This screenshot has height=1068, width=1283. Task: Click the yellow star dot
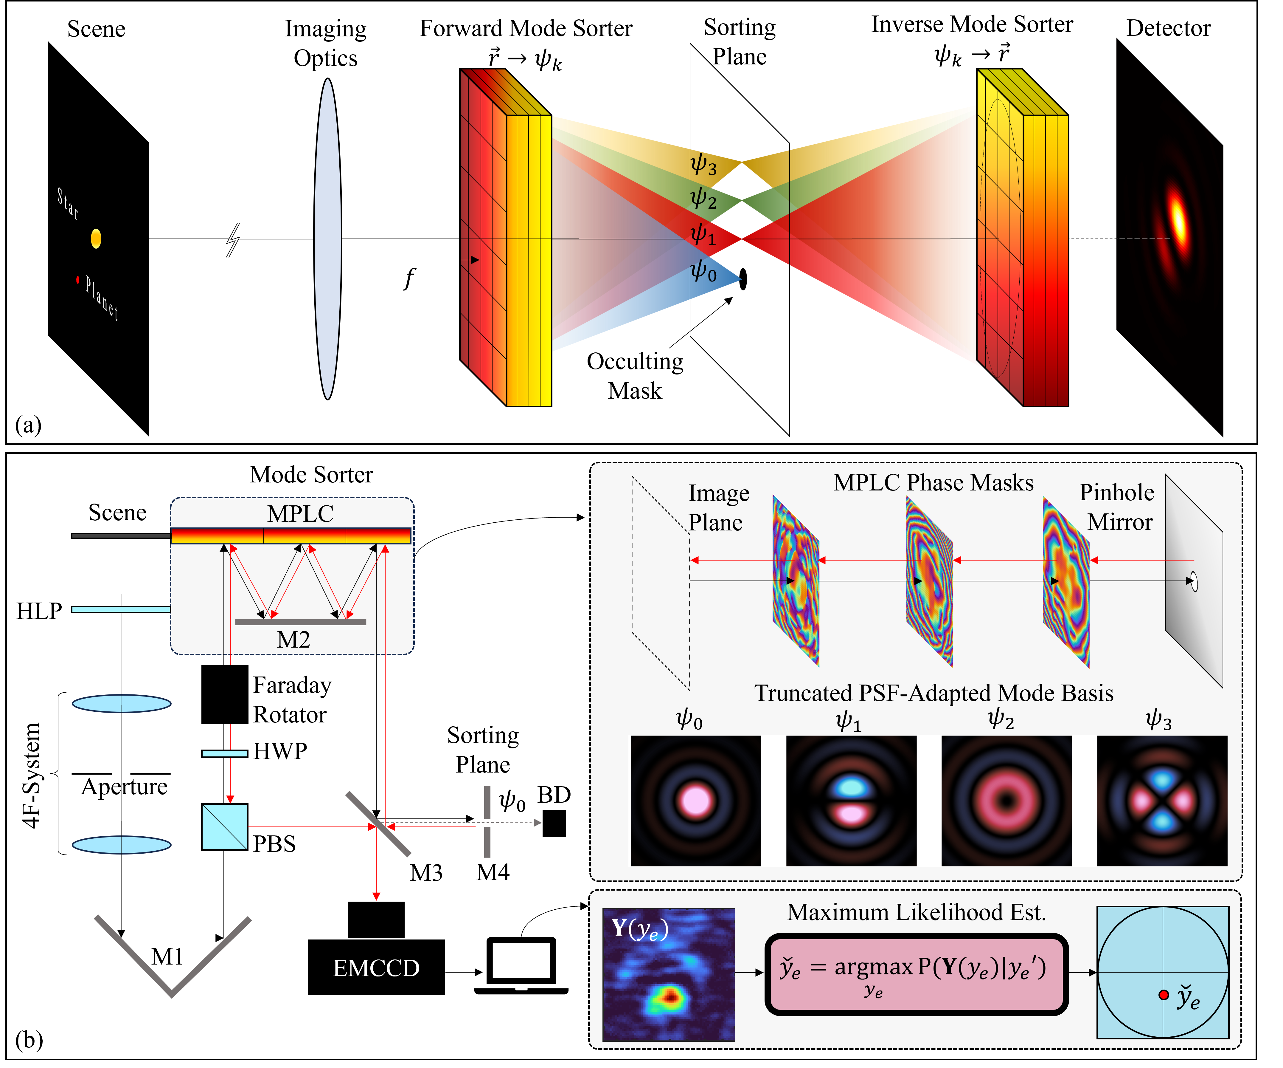click(x=96, y=239)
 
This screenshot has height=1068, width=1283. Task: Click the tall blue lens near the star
click(x=327, y=239)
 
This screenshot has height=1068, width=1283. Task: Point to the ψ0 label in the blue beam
click(x=703, y=271)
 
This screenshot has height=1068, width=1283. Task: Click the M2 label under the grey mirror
click(x=293, y=640)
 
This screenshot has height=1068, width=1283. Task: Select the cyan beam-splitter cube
click(x=225, y=826)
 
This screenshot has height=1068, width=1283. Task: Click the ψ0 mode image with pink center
click(x=695, y=801)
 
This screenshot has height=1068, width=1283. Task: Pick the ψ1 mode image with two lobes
click(x=851, y=801)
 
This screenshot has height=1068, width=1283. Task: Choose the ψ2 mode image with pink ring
click(x=1006, y=801)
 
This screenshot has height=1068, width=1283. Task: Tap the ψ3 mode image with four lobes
click(x=1162, y=801)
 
